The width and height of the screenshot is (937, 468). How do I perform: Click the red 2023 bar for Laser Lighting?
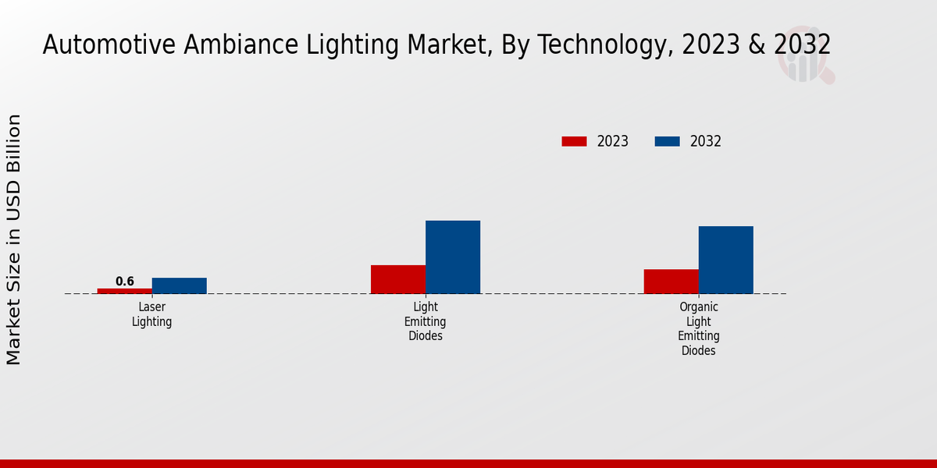(x=125, y=291)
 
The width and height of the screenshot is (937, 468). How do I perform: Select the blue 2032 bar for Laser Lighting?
(x=180, y=285)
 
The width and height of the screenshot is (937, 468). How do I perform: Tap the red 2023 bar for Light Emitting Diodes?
(x=398, y=279)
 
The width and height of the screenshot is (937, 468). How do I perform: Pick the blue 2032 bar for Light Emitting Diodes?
(x=453, y=257)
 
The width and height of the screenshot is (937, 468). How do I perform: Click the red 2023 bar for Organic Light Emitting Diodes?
(x=672, y=282)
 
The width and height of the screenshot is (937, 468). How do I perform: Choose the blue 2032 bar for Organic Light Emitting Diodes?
(x=726, y=260)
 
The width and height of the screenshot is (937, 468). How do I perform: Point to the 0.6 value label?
(x=125, y=282)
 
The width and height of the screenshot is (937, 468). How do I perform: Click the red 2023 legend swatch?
(x=574, y=141)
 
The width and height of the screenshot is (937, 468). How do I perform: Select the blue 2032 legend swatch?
(x=667, y=141)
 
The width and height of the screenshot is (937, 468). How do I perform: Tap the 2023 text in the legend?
(x=613, y=141)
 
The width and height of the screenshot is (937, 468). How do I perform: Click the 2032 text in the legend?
(x=706, y=141)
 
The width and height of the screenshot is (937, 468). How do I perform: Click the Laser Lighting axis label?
(x=152, y=314)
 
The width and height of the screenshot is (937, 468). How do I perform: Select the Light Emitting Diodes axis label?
(x=426, y=321)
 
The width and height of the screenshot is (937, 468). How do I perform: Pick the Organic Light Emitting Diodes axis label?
(x=699, y=328)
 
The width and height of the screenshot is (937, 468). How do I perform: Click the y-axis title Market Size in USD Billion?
(x=14, y=239)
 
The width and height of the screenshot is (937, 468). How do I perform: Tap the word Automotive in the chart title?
(x=110, y=45)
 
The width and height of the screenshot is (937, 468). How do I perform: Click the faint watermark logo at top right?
(x=805, y=55)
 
